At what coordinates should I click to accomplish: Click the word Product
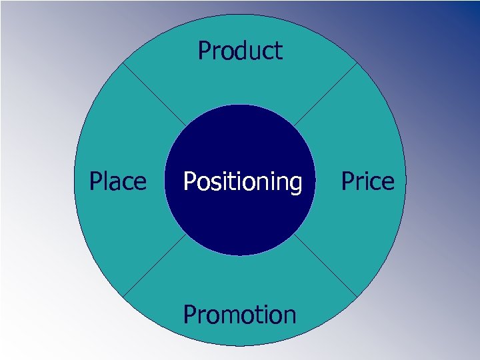pyautogui.click(x=240, y=51)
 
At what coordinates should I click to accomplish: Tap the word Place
pyautogui.click(x=118, y=181)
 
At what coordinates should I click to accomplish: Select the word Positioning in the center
pyautogui.click(x=242, y=181)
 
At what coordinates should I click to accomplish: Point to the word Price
pyautogui.click(x=367, y=181)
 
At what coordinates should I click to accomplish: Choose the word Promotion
pyautogui.click(x=239, y=314)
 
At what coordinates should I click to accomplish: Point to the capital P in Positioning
pyautogui.click(x=189, y=181)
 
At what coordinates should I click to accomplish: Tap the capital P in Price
pyautogui.click(x=348, y=181)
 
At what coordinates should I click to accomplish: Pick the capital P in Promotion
pyautogui.click(x=189, y=314)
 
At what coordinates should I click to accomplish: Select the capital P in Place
pyautogui.click(x=96, y=181)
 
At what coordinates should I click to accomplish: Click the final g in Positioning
pyautogui.click(x=295, y=183)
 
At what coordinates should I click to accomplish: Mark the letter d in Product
pyautogui.click(x=239, y=51)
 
